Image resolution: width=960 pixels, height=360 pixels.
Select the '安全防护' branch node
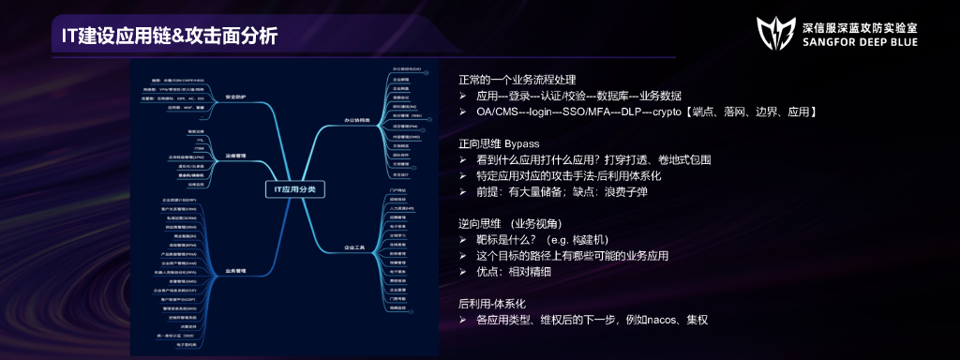pyautogui.click(x=232, y=97)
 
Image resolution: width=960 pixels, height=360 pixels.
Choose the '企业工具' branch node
pyautogui.click(x=355, y=248)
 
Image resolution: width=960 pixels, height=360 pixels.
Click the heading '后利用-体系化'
pyautogui.click(x=492, y=304)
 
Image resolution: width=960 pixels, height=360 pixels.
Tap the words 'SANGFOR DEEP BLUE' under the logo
pyautogui.click(x=856, y=44)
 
